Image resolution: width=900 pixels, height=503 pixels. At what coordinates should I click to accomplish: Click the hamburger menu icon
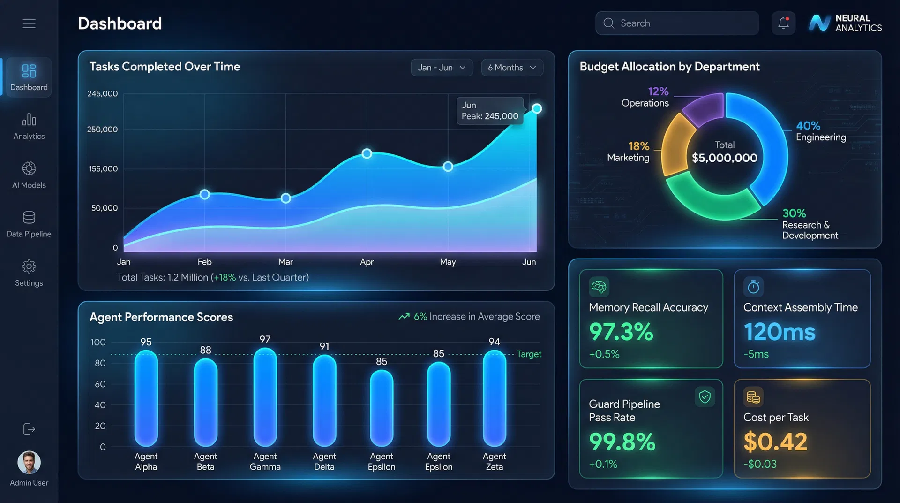point(29,23)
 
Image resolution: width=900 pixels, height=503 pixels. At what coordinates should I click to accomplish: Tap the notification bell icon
point(783,23)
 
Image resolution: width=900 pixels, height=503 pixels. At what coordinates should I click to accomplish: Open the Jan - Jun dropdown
point(442,68)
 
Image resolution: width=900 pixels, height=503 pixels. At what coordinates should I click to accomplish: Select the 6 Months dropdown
point(511,68)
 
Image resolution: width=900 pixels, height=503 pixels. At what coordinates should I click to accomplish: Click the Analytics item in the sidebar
point(29,126)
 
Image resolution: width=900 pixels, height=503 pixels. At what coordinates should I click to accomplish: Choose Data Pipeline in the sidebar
point(29,224)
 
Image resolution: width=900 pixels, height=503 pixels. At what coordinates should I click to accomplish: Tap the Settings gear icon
point(29,267)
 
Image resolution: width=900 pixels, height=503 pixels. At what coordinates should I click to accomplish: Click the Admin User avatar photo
point(29,463)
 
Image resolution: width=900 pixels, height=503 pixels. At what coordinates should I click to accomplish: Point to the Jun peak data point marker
point(537,109)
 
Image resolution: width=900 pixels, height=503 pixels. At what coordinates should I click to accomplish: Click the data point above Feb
point(204,194)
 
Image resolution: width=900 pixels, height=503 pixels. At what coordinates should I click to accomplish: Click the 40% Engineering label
point(820,131)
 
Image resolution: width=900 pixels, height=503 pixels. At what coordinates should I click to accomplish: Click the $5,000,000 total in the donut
point(724,158)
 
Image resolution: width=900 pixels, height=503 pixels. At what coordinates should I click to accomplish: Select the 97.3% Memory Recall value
point(621,332)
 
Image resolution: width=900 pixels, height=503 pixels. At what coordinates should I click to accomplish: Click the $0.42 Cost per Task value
point(775,442)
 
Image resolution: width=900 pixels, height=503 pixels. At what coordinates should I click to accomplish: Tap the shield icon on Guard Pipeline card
point(705,397)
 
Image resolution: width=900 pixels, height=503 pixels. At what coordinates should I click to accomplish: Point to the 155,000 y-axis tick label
point(103,168)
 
